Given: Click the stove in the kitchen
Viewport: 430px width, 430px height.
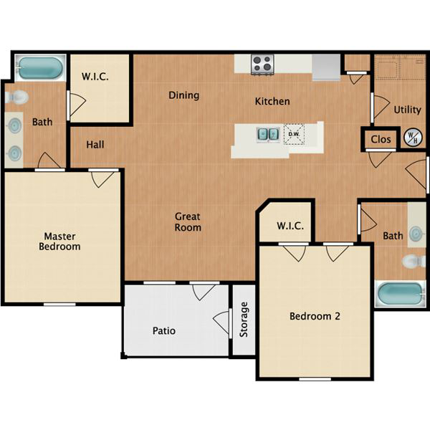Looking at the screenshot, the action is tap(263, 64).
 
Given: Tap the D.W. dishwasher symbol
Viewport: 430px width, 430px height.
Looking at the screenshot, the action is tap(294, 135).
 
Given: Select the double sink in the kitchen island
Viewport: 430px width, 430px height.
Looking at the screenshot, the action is tap(268, 135).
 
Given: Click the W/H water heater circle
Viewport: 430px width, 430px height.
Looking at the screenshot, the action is tap(413, 138).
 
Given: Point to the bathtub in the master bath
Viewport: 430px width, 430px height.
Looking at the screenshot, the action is tap(40, 68).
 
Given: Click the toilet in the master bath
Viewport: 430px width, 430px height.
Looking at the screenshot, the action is tap(17, 97).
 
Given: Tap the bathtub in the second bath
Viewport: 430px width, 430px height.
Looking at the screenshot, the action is tap(401, 294).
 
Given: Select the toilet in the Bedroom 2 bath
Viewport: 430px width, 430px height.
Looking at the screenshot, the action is tap(414, 261).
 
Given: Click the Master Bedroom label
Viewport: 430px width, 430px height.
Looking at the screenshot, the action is tap(59, 242).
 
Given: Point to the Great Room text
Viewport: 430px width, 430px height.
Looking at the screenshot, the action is tap(188, 222).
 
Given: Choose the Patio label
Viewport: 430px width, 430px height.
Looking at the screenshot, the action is tap(164, 330).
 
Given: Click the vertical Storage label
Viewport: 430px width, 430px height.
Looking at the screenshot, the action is tap(244, 320).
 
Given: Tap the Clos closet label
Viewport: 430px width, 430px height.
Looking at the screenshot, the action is tap(381, 139).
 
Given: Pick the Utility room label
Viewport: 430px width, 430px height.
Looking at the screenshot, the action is tap(408, 110).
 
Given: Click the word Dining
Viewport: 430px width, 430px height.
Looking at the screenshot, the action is tap(184, 95).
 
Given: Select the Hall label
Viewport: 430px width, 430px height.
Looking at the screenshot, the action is tap(95, 145).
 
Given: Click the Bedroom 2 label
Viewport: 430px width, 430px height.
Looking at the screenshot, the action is tap(315, 316).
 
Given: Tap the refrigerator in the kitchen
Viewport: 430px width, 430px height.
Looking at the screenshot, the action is tap(326, 67).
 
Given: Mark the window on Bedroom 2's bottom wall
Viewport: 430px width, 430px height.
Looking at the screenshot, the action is tap(315, 379).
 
